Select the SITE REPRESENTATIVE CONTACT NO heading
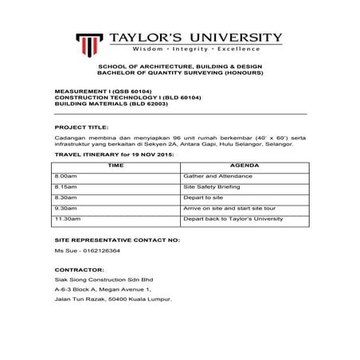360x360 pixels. tap(117, 239)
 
